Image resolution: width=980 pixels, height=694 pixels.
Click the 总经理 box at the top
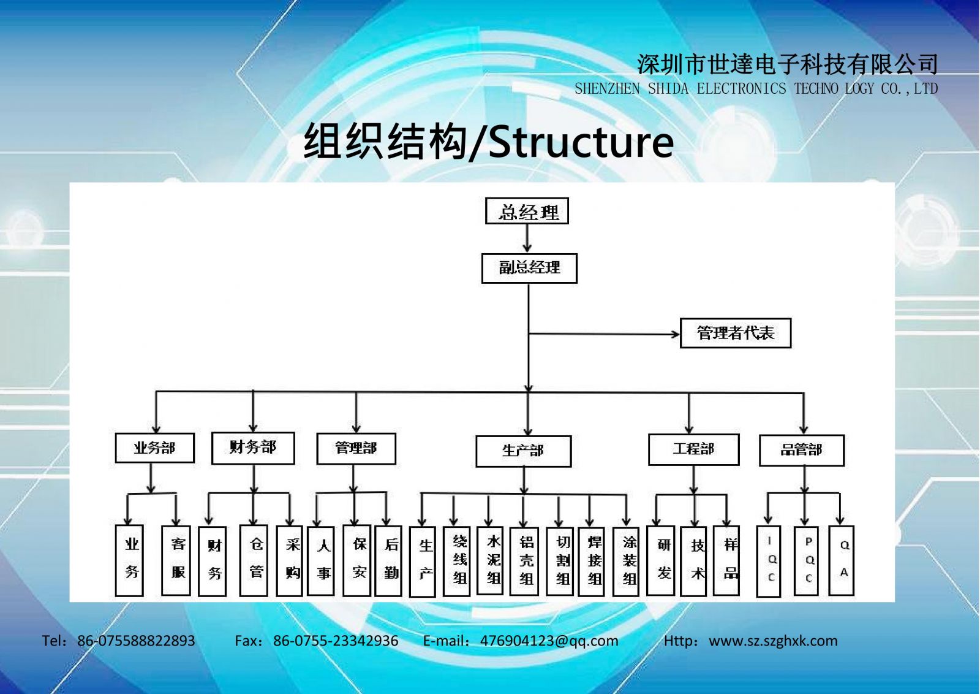tap(527, 211)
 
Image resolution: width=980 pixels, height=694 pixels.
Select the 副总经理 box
tap(529, 268)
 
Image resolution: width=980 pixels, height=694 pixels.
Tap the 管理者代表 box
tap(736, 334)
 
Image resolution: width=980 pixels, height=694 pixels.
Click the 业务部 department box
tap(154, 448)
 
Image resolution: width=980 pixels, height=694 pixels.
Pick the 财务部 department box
tap(253, 448)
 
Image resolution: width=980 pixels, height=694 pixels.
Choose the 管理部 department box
tap(356, 448)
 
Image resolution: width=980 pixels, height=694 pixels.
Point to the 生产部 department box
tap(523, 451)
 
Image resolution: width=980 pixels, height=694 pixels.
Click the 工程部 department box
tap(693, 449)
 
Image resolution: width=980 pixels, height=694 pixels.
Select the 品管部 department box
tap(802, 450)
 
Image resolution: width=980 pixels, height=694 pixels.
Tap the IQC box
tap(769, 561)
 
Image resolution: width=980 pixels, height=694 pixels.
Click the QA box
tap(842, 560)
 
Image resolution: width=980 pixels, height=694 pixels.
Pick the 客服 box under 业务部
tap(176, 560)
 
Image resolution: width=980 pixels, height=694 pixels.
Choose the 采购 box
tap(290, 561)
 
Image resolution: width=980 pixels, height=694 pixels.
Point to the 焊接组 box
tap(591, 562)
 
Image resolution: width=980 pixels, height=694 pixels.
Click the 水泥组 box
tap(490, 560)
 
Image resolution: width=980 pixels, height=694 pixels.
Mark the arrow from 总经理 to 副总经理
tap(527, 238)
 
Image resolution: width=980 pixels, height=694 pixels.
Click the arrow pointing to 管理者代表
tap(604, 334)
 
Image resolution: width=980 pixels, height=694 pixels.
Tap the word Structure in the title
tap(581, 142)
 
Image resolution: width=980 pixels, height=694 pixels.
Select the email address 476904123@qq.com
tap(549, 641)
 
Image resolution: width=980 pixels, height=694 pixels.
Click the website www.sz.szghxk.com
tap(773, 641)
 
